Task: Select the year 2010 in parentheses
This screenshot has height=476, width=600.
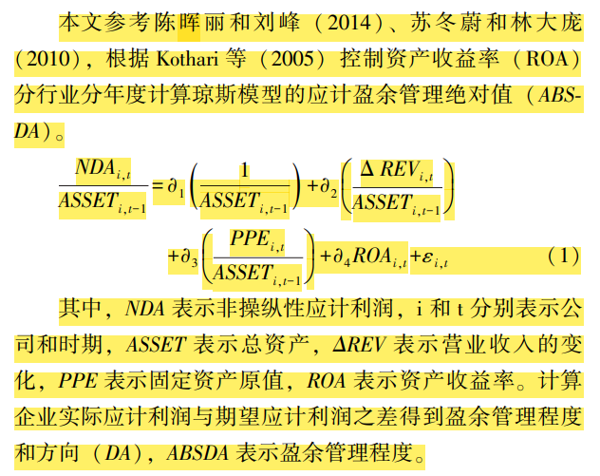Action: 48,59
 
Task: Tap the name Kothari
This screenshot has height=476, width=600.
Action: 188,59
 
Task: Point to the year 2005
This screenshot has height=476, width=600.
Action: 292,59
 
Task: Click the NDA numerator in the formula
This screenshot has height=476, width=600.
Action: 103,169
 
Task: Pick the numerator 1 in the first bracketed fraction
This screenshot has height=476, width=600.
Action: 245,170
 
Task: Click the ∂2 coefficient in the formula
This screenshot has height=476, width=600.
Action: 328,187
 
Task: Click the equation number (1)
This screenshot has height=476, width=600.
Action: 563,256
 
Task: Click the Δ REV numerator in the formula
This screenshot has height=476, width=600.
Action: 397,171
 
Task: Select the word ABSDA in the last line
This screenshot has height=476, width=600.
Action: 197,453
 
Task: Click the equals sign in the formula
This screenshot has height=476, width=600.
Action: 158,186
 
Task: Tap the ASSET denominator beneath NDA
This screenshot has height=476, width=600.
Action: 103,202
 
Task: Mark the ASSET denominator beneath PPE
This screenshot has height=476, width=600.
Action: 257,275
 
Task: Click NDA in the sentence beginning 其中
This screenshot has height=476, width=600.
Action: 144,309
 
